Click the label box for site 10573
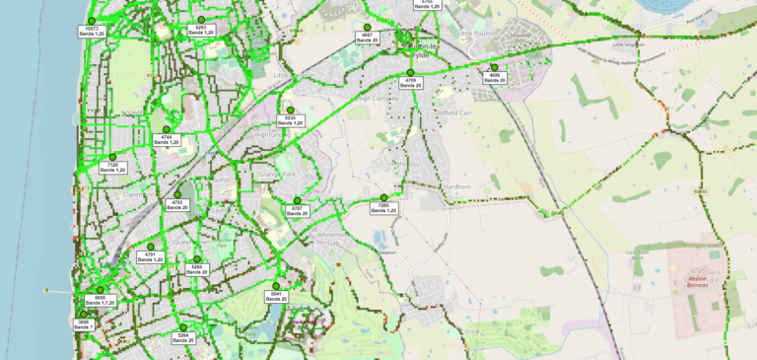pos(92,32)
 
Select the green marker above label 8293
pos(201,20)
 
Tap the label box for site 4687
pos(367,37)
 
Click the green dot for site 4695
pos(494,67)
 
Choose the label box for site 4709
pos(411,83)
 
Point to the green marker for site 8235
pos(290,110)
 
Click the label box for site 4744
pos(167,140)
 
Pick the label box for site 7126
pos(113,168)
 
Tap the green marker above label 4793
pos(177,194)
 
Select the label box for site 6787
pos(297,210)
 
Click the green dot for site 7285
pos(384,198)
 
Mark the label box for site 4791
pos(151,256)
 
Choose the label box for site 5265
pos(196,268)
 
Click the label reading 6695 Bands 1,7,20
pos(100,300)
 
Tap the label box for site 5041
pos(276,296)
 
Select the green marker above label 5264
pos(182,327)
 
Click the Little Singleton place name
pos(627,44)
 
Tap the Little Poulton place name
pos(479,33)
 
